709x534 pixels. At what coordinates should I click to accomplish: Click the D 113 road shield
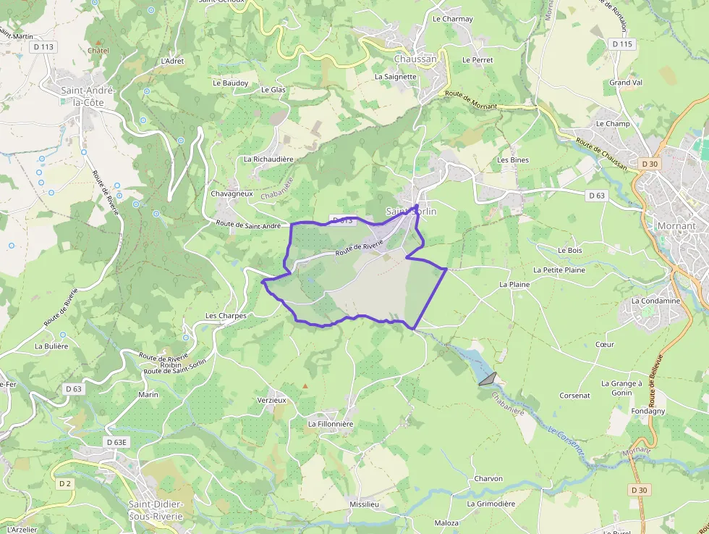43,46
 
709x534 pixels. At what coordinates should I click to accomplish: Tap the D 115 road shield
621,44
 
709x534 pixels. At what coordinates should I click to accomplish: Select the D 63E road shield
116,442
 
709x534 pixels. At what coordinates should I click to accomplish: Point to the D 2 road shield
65,483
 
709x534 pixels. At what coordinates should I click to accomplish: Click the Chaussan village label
415,59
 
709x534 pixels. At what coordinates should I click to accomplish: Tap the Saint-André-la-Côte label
82,96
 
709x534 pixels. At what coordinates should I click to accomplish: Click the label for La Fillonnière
331,424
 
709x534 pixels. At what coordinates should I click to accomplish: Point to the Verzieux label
272,400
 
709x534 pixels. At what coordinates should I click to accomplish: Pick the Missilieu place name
364,504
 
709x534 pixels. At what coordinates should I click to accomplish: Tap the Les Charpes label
226,316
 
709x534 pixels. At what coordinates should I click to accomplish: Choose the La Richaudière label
268,159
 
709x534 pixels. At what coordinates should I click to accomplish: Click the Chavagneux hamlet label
232,194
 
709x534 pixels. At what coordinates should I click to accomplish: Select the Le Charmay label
452,19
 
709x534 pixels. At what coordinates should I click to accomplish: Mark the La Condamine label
655,301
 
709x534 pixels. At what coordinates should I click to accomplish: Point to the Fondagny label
648,411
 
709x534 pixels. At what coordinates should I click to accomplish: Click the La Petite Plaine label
559,270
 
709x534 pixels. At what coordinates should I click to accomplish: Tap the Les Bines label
513,159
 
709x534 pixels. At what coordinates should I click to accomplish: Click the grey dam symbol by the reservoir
488,378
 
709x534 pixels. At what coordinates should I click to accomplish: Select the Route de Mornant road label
471,100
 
